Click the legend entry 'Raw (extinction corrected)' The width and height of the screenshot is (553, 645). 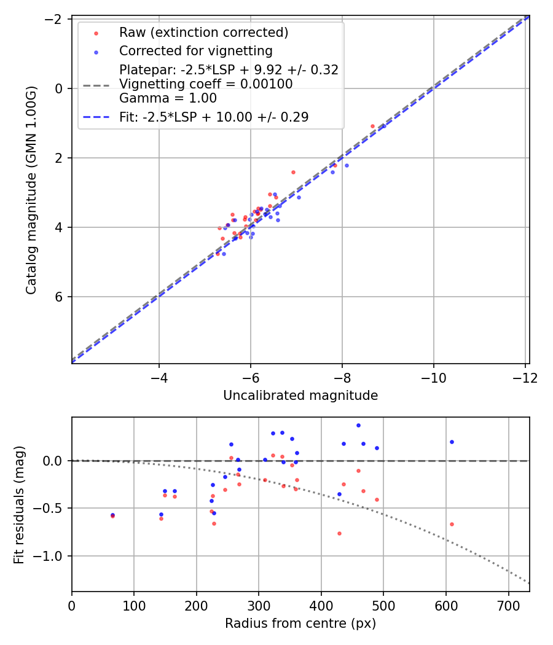coord(203,33)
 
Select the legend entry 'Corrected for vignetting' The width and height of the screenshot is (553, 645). coord(195,50)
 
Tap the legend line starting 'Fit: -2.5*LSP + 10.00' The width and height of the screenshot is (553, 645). coord(213,117)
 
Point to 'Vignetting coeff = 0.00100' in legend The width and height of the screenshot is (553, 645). coord(206,84)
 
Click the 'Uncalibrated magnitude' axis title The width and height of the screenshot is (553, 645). coord(300,396)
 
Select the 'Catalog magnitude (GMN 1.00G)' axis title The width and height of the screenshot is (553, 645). coord(31,190)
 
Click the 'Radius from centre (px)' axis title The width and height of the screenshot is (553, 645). coord(300,623)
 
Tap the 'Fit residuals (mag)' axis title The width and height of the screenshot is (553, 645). coord(19,504)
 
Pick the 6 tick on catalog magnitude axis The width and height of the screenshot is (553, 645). coord(60,297)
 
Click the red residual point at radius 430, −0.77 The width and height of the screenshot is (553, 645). coord(339,533)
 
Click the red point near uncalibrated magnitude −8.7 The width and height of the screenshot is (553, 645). coord(372,126)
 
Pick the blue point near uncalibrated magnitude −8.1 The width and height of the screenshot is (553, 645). coord(347,165)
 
